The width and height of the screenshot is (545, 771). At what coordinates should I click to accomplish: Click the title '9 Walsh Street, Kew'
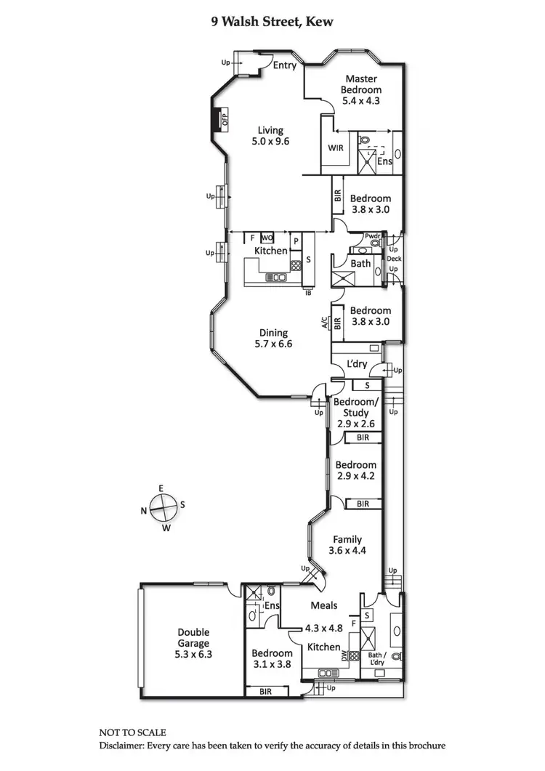click(x=272, y=23)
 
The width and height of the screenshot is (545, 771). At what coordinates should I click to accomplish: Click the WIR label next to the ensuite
click(x=336, y=148)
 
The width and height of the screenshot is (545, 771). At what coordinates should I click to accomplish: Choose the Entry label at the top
click(x=285, y=65)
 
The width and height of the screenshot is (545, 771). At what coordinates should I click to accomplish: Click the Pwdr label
click(x=373, y=235)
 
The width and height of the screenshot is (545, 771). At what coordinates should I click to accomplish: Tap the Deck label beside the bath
click(x=393, y=259)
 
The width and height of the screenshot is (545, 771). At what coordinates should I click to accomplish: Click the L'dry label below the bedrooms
click(x=357, y=363)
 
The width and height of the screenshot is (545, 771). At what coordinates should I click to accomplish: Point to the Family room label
click(x=348, y=539)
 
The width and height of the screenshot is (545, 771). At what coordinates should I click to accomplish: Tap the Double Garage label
click(x=193, y=637)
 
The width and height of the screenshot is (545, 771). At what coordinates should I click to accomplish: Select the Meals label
click(x=324, y=605)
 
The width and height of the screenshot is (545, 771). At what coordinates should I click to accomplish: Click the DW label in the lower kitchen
click(x=344, y=655)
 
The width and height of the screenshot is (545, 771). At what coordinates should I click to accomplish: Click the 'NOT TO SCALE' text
click(x=133, y=732)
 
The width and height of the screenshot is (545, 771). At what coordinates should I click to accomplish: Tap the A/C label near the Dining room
click(x=325, y=323)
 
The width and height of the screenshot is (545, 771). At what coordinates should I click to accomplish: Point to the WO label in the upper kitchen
click(x=267, y=238)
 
